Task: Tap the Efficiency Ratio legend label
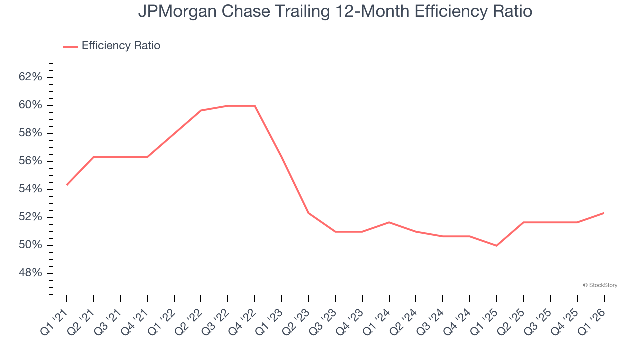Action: [121, 46]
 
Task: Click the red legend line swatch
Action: [70, 46]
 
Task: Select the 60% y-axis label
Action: [31, 105]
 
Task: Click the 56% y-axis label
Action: [31, 161]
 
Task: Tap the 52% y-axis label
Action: [31, 217]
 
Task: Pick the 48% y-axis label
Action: [31, 273]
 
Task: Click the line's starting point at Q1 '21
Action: [67, 185]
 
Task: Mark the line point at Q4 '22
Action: [255, 106]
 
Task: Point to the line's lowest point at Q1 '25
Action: [496, 246]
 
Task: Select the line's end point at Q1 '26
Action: [604, 213]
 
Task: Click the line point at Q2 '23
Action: [308, 213]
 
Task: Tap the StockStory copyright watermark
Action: [600, 285]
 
